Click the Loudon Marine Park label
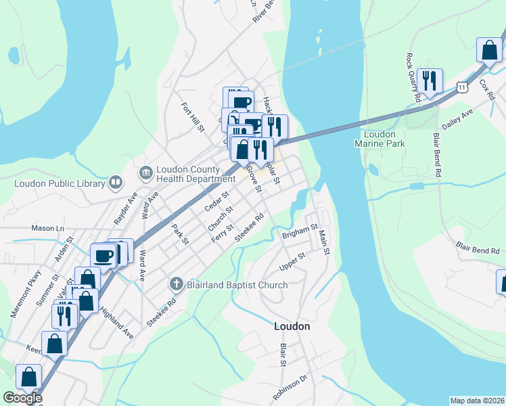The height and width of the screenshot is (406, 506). coord(375,139)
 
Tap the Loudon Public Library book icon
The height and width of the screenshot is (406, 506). coord(116,182)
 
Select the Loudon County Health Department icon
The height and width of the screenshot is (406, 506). coord(145,174)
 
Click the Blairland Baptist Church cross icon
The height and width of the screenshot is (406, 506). coord(176,285)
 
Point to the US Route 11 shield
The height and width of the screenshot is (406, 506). coord(462,87)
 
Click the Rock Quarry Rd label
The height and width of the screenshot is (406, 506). coord(414,78)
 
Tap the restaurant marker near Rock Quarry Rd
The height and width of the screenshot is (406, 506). coord(430,81)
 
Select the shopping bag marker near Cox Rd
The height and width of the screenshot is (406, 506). coord(489,50)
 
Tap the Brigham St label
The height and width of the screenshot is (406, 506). coord(300,233)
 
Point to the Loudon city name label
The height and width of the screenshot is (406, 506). coord(292,326)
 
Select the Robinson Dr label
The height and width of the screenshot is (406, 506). coord(290,386)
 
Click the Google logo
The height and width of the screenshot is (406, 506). coord(22,398)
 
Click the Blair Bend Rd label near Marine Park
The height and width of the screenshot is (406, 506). coord(438,154)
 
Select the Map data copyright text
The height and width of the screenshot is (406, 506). coord(476,401)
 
